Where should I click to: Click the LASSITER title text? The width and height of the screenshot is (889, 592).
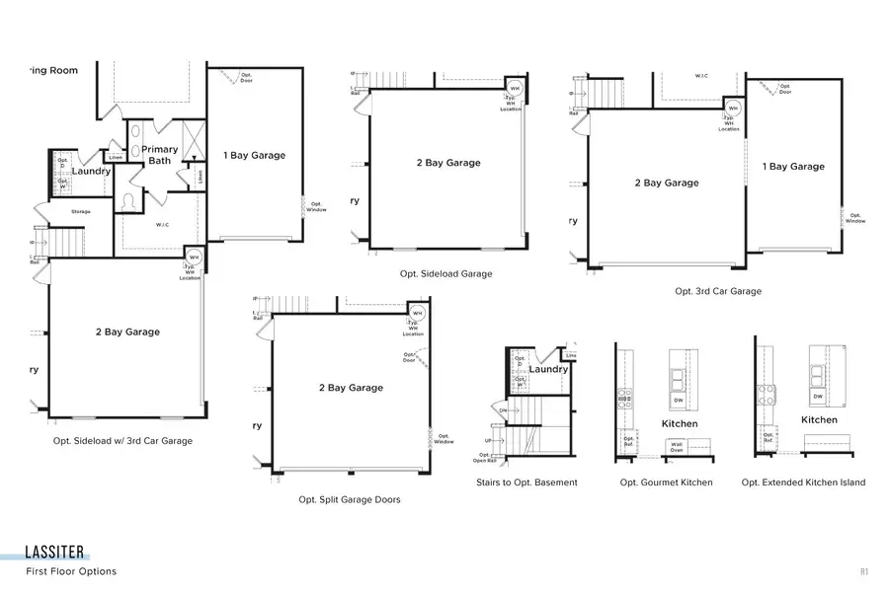[x=55, y=553]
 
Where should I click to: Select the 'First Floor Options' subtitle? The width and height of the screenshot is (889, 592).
[x=71, y=571]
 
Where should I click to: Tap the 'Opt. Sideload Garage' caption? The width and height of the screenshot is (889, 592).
[x=445, y=274]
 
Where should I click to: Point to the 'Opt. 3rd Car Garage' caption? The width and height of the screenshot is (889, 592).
[x=718, y=291]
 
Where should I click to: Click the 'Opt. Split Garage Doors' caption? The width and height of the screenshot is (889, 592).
[x=350, y=500]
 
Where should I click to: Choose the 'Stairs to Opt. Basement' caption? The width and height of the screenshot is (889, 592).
[x=526, y=482]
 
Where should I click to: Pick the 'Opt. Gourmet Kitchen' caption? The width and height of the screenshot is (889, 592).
[x=666, y=482]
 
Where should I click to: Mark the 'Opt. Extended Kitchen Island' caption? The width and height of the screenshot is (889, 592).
[x=803, y=482]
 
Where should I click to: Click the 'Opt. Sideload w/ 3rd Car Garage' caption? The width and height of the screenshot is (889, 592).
[x=122, y=441]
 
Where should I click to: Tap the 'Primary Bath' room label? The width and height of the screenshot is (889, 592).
[x=162, y=155]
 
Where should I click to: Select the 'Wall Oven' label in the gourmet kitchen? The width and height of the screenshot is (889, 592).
[x=677, y=446]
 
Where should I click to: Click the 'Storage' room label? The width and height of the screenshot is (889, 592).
[x=80, y=212]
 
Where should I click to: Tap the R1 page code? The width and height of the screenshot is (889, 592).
[x=863, y=571]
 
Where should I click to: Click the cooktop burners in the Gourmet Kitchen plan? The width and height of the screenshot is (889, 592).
[x=624, y=398]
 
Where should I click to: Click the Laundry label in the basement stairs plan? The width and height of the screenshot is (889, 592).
[x=548, y=370]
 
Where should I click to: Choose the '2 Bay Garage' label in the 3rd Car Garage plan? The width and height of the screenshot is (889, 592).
[x=666, y=183]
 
